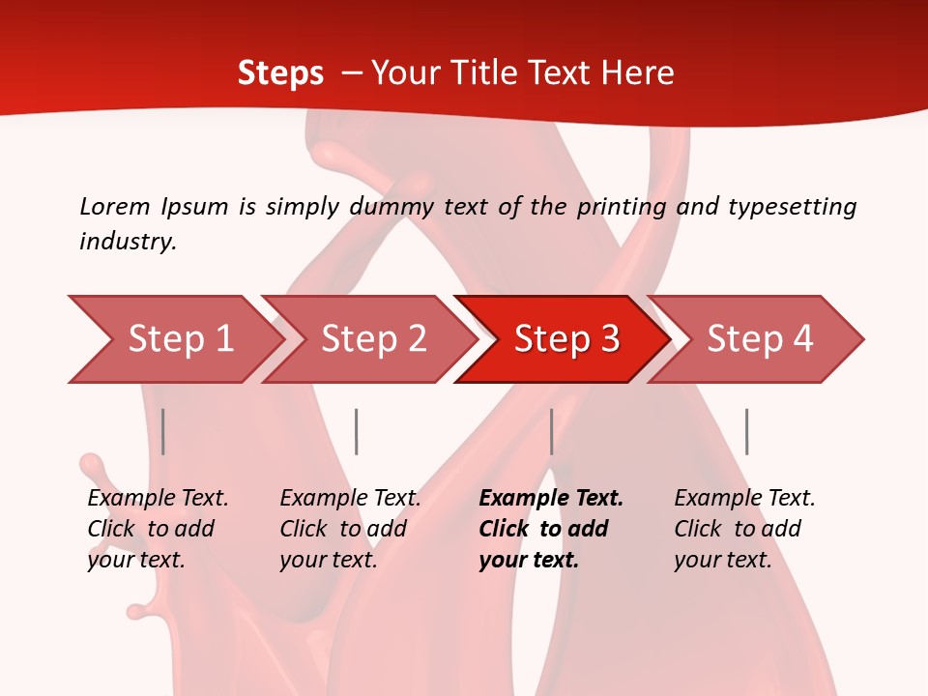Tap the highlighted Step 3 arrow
coord(566,339)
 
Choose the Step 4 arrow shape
coord(760,339)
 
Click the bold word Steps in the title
coord(280,73)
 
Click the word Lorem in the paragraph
coord(115,206)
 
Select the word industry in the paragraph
coord(128,241)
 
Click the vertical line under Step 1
coord(163,431)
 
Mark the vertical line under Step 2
coord(357,431)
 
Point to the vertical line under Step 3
coord(551,431)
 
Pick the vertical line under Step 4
coord(746,431)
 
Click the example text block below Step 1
coord(158,529)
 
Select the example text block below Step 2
coord(350,529)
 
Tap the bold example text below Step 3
coord(551,529)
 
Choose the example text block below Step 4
coord(744,529)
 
